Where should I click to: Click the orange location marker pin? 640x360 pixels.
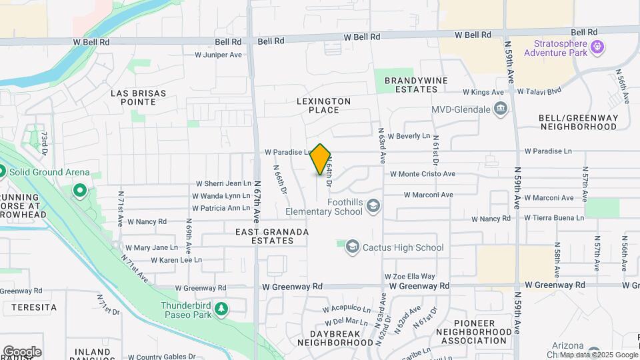[321, 159]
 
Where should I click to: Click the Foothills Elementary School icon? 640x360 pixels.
[373, 205]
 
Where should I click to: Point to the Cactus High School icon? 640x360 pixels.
[351, 248]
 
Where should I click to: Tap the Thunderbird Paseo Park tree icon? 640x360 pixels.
[222, 308]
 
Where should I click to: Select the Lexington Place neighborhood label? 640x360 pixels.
[324, 105]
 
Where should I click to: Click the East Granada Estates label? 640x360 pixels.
[272, 236]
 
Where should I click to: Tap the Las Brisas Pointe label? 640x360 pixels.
[138, 97]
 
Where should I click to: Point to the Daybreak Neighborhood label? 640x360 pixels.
[335, 337]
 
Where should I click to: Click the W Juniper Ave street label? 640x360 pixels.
[218, 55]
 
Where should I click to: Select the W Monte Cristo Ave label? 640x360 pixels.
[423, 174]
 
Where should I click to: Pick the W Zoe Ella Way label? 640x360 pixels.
[409, 276]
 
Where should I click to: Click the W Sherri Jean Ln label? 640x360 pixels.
[223, 184]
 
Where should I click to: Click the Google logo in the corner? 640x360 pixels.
[22, 351]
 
